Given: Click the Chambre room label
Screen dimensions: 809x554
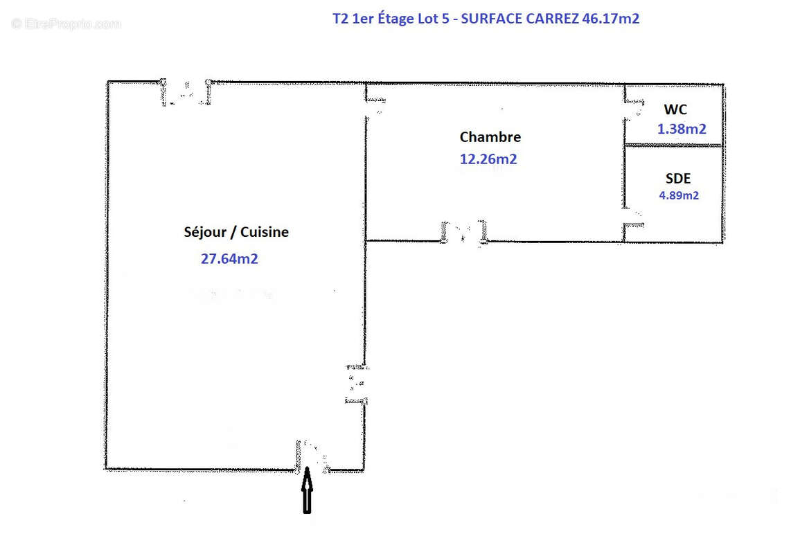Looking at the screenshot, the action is tap(490, 137).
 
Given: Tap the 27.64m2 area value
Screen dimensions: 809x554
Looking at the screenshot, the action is tap(229, 258).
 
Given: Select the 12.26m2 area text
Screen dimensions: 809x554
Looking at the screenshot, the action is tap(488, 159).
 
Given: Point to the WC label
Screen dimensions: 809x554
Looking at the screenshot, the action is tap(675, 109).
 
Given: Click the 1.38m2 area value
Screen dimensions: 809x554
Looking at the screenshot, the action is tap(682, 129).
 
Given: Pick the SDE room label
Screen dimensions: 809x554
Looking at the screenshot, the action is tap(678, 179).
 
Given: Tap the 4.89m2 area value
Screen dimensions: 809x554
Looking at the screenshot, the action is tap(679, 195).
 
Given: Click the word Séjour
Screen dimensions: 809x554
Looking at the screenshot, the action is tap(205, 232).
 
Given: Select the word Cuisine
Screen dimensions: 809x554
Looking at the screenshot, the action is tap(265, 232).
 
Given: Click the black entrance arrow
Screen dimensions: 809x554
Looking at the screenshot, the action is tap(307, 490).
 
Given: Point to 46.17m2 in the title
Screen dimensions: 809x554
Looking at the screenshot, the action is tap(611, 19).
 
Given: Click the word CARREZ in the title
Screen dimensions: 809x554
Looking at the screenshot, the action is tap(552, 19).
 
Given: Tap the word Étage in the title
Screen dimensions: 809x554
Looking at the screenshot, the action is tap(395, 19).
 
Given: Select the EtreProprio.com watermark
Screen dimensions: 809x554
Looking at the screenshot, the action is tap(66, 24).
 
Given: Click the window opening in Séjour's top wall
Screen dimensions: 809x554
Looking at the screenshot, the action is tap(186, 92).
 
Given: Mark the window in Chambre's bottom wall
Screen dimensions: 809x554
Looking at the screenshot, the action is tap(464, 233).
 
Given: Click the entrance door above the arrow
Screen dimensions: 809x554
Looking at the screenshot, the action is tap(312, 457).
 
